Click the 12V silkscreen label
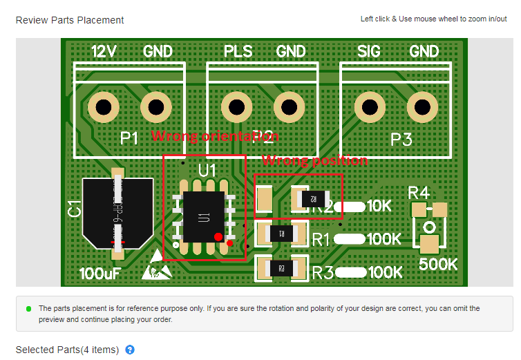click(104, 51)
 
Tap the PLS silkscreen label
click(238, 51)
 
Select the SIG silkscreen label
click(373, 51)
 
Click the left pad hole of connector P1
click(104, 108)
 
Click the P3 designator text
click(401, 140)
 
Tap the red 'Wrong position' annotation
click(314, 160)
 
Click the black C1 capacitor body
click(117, 209)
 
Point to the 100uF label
click(100, 274)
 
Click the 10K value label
click(379, 206)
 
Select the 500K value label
click(439, 264)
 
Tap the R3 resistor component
click(281, 268)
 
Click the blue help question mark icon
click(130, 350)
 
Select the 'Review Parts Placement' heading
click(70, 20)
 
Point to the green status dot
click(28, 308)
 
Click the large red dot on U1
click(218, 237)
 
